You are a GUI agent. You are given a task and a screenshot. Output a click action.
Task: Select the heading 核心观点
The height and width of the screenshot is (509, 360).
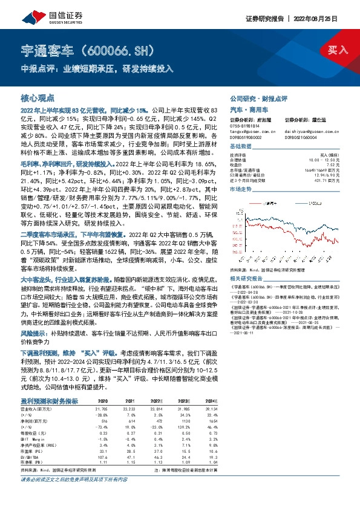tap(38, 97)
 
